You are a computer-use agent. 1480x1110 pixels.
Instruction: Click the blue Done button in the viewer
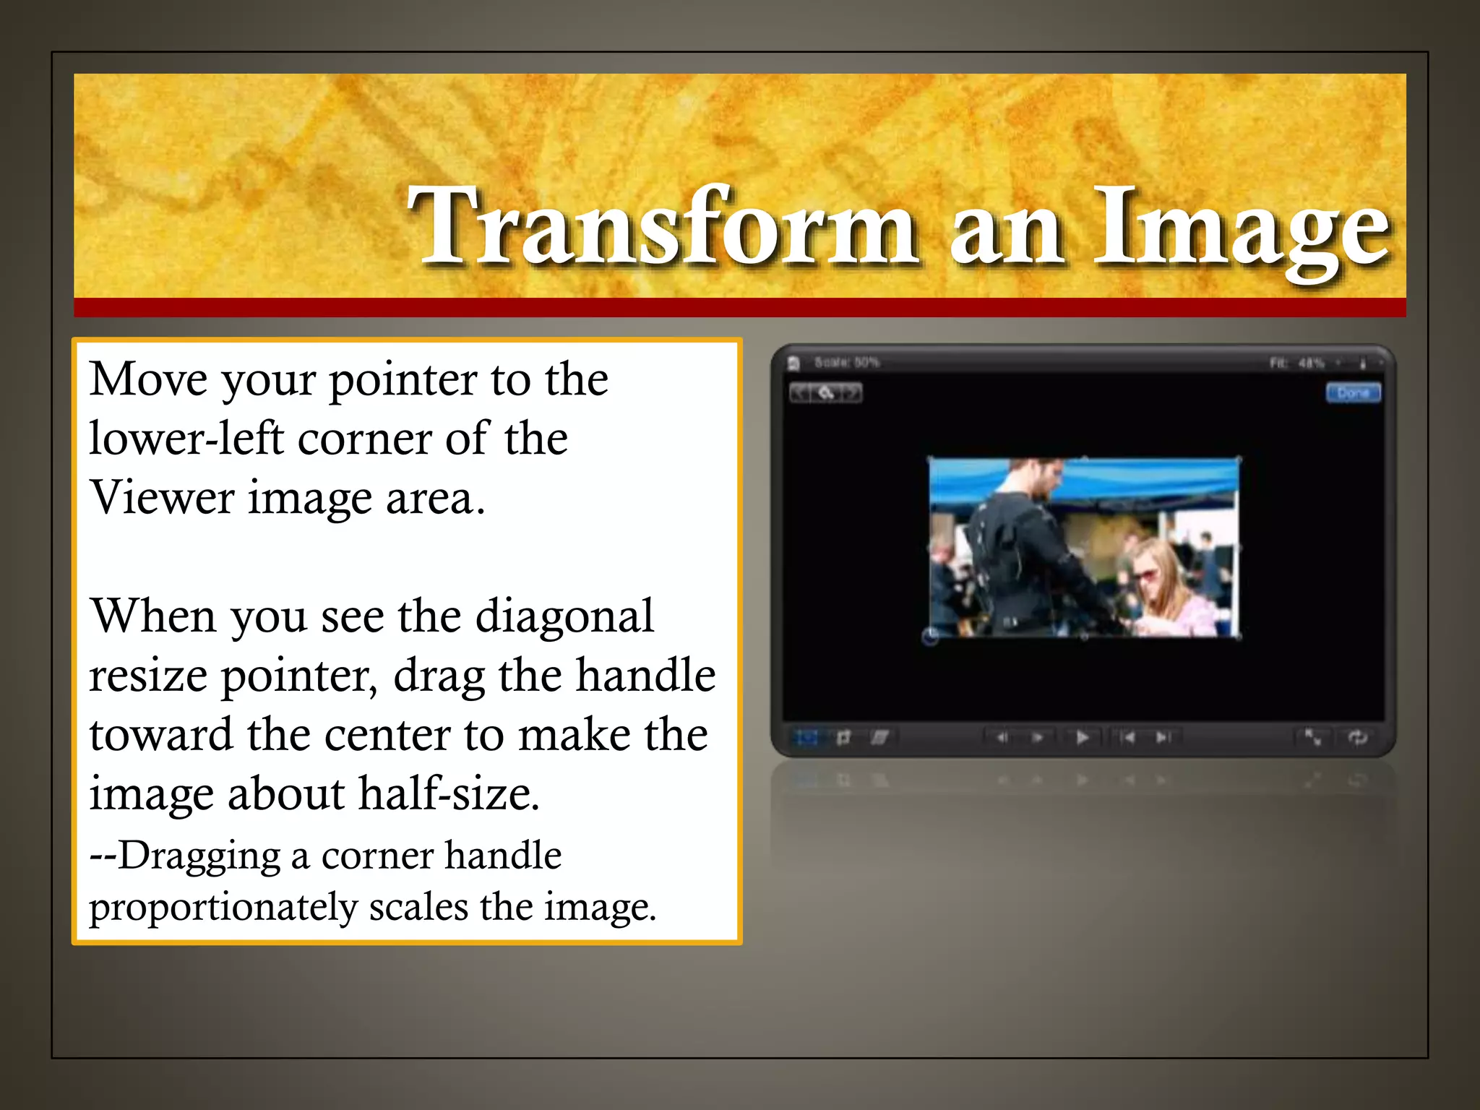[x=1353, y=393]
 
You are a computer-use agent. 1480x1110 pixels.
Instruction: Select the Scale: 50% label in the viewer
[x=846, y=362]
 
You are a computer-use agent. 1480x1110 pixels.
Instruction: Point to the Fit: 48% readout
[x=1297, y=363]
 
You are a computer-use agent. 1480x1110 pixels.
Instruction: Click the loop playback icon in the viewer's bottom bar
[x=1357, y=737]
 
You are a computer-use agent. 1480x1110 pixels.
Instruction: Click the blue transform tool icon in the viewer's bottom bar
[x=806, y=738]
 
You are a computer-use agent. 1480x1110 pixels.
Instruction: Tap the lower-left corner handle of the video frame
[x=931, y=636]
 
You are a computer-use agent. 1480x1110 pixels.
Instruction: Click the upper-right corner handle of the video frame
[x=1239, y=460]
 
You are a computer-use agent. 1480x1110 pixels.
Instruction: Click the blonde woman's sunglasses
[x=1145, y=575]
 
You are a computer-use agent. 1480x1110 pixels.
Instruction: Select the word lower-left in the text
[x=186, y=439]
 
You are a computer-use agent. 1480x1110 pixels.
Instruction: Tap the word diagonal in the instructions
[x=564, y=616]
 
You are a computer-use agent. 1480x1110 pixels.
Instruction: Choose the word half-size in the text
[x=449, y=794]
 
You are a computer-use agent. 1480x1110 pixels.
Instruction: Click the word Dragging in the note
[x=199, y=856]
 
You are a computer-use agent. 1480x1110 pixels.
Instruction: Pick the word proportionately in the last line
[x=223, y=908]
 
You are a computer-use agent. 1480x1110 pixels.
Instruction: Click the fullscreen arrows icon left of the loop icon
[x=1312, y=737]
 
